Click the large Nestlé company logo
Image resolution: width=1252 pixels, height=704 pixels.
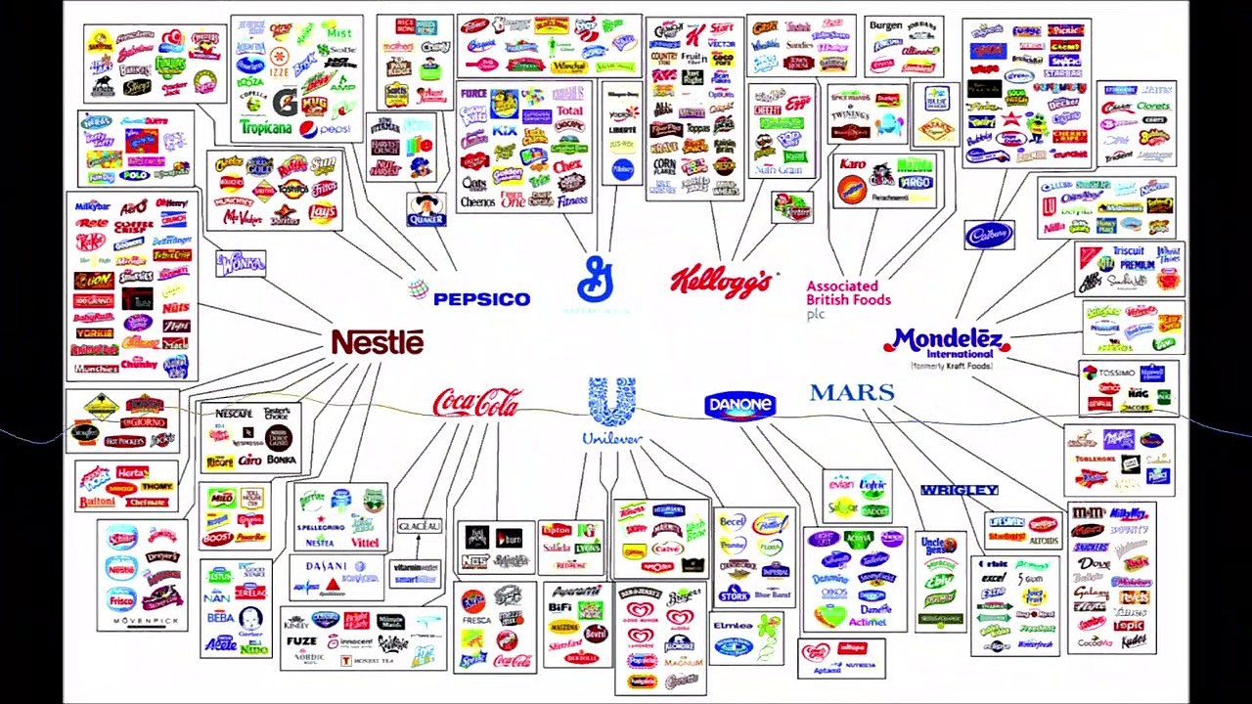378,342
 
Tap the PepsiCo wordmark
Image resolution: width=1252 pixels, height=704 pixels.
469,296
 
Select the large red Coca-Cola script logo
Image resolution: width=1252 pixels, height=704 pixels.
476,402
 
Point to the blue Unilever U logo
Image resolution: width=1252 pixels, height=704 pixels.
612,403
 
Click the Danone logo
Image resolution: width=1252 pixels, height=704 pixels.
739,405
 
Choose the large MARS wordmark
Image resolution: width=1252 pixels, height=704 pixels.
852,393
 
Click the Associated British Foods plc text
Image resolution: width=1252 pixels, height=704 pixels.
848,293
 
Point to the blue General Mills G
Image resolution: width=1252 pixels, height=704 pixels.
595,280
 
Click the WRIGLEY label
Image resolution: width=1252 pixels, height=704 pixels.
959,490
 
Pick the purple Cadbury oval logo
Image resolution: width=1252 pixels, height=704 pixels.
989,235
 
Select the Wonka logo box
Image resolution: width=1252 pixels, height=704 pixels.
240,263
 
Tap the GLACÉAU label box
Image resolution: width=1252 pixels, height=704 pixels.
419,526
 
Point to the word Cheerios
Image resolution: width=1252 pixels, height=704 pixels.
477,201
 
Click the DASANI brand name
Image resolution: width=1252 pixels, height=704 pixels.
326,566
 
